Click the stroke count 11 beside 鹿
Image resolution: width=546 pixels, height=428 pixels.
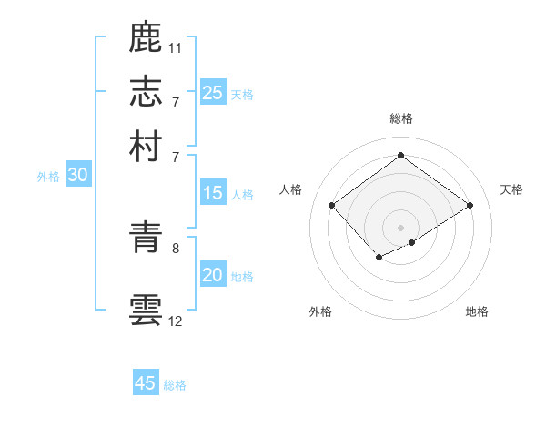[176, 47]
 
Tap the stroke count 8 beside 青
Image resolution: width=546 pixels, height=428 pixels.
[176, 247]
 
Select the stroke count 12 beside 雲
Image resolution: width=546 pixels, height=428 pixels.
[176, 321]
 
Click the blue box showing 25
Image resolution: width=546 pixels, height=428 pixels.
[213, 92]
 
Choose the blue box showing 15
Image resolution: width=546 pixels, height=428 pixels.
[213, 193]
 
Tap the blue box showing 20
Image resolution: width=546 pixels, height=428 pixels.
[213, 275]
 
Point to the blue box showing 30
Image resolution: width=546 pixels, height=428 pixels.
[77, 176]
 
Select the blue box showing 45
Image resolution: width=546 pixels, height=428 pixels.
[146, 383]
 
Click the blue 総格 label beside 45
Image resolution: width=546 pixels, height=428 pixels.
[175, 385]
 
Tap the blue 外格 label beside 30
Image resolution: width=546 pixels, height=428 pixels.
[47, 178]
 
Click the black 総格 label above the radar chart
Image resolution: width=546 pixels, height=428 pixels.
[401, 118]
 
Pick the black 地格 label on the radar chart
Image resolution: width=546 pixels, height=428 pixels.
[477, 312]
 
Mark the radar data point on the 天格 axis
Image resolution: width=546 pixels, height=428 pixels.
[470, 205]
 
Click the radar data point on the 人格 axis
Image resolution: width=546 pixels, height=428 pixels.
[332, 205]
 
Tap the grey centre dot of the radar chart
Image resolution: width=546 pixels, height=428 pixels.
[401, 226]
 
